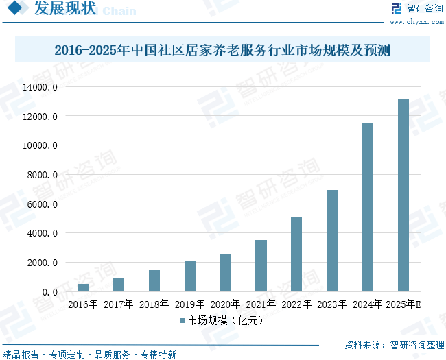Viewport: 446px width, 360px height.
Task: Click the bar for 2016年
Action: pyautogui.click(x=83, y=287)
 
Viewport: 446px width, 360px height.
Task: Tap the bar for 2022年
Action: pyautogui.click(x=296, y=254)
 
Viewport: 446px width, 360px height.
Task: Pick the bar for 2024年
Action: pyautogui.click(x=368, y=207)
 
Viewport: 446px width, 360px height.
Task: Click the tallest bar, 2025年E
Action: pyautogui.click(x=403, y=195)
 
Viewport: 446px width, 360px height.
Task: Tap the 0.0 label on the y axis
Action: pyautogui.click(x=49, y=292)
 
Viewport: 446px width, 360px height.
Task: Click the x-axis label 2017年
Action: pyautogui.click(x=118, y=304)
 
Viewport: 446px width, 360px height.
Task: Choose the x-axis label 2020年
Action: pyautogui.click(x=225, y=304)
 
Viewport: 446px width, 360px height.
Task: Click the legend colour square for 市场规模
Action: pyautogui.click(x=183, y=320)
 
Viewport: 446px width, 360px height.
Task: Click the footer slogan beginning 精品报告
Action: pyautogui.click(x=89, y=355)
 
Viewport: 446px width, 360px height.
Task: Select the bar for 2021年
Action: pyautogui.click(x=261, y=265)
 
